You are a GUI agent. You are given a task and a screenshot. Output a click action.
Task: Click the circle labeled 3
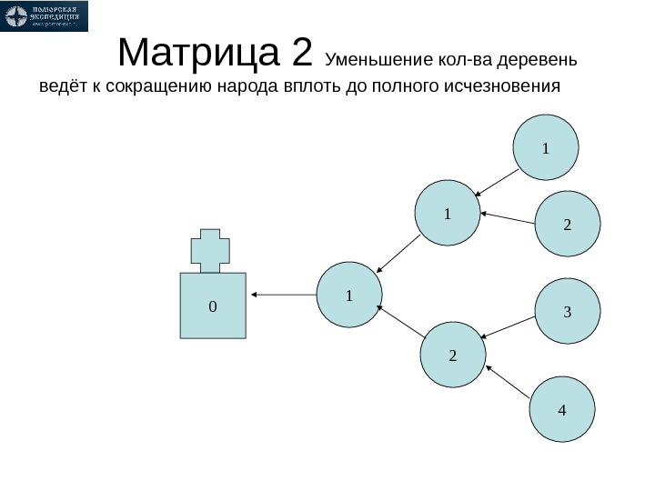(567, 312)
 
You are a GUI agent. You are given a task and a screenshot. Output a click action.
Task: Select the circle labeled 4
(561, 410)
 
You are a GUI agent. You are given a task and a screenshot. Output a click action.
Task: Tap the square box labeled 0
(213, 306)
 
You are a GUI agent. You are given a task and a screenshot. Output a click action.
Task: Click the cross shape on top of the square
(210, 250)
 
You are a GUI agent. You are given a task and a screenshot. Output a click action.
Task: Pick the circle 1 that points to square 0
(349, 296)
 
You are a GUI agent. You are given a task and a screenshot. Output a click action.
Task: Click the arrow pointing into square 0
(284, 295)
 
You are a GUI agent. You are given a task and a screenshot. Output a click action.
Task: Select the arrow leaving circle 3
(509, 326)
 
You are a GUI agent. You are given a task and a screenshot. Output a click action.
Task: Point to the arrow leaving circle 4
(509, 383)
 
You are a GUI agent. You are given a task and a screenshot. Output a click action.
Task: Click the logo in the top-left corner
(45, 16)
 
